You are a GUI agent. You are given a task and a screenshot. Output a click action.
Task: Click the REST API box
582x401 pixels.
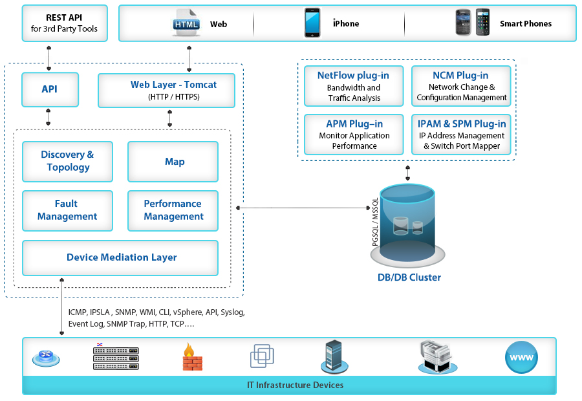pyautogui.click(x=65, y=23)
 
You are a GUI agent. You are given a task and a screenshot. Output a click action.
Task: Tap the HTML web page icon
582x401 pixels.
pyautogui.click(x=186, y=23)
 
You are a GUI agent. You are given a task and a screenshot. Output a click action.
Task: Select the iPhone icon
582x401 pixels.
pyautogui.click(x=312, y=23)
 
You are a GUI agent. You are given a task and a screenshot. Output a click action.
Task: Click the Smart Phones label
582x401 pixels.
pyautogui.click(x=525, y=24)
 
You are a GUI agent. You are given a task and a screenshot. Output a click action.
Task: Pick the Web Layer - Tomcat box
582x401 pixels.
pyautogui.click(x=166, y=90)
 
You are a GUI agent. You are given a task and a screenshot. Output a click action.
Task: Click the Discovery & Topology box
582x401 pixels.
pyautogui.click(x=67, y=161)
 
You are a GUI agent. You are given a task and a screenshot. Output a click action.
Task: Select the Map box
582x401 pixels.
pyautogui.click(x=175, y=162)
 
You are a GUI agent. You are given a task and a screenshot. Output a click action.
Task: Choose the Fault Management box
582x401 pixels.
pyautogui.click(x=67, y=210)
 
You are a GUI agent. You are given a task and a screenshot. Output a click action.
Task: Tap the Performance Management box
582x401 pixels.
pyautogui.click(x=173, y=210)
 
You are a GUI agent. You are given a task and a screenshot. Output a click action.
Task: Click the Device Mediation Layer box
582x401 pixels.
pyautogui.click(x=122, y=257)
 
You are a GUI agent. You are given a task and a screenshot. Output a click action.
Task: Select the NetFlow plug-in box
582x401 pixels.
pyautogui.click(x=354, y=86)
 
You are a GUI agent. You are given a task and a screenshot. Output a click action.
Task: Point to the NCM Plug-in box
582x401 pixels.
pyautogui.click(x=460, y=86)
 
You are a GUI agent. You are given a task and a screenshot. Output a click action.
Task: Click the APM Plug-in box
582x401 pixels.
pyautogui.click(x=354, y=135)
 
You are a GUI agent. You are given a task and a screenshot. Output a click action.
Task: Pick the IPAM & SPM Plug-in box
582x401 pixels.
pyautogui.click(x=460, y=135)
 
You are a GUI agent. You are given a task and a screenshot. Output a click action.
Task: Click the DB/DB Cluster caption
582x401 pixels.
pyautogui.click(x=409, y=277)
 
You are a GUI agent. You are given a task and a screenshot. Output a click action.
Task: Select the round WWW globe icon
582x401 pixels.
pyautogui.click(x=521, y=358)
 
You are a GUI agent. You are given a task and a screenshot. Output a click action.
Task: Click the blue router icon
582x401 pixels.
pyautogui.click(x=46, y=356)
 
